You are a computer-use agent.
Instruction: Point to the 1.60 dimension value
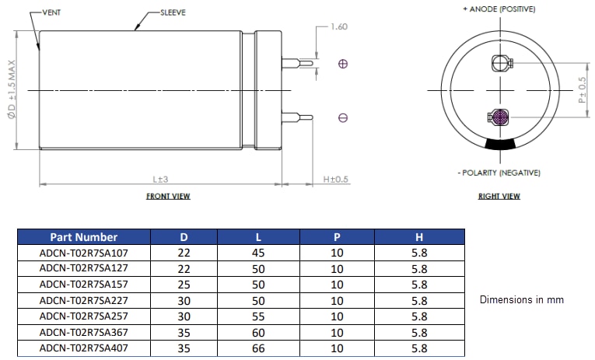338,26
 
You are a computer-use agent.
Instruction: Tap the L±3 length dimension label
160,179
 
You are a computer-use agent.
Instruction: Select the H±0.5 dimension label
336,179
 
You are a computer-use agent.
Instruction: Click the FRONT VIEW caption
168,197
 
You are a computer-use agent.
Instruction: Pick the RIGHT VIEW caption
499,197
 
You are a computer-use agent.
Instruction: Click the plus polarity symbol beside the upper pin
343,64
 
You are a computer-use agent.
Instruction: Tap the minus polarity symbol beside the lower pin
343,118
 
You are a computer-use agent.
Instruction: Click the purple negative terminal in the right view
499,118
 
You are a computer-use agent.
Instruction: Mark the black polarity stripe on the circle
499,145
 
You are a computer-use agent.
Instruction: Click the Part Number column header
84,237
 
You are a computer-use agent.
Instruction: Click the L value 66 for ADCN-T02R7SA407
258,348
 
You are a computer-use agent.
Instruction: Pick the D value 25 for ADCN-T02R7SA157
184,285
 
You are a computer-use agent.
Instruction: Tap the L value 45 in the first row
258,253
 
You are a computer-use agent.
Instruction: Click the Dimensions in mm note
521,299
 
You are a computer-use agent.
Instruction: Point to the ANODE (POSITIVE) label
499,9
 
